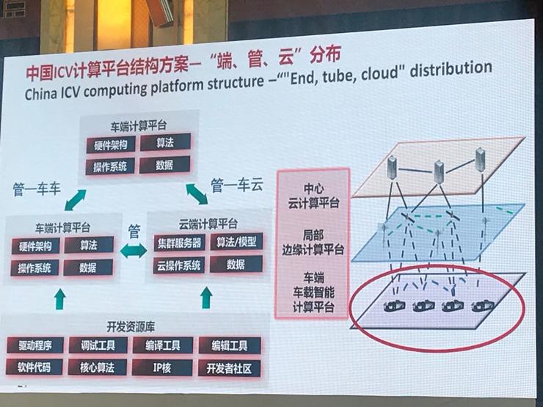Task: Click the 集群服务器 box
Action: click(x=178, y=242)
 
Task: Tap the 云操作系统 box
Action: click(x=178, y=265)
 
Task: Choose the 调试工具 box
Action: click(x=94, y=345)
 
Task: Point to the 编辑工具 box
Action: click(x=229, y=345)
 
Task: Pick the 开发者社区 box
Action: click(x=230, y=367)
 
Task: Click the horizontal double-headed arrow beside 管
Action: click(x=134, y=252)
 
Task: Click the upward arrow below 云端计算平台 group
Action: click(x=208, y=297)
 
